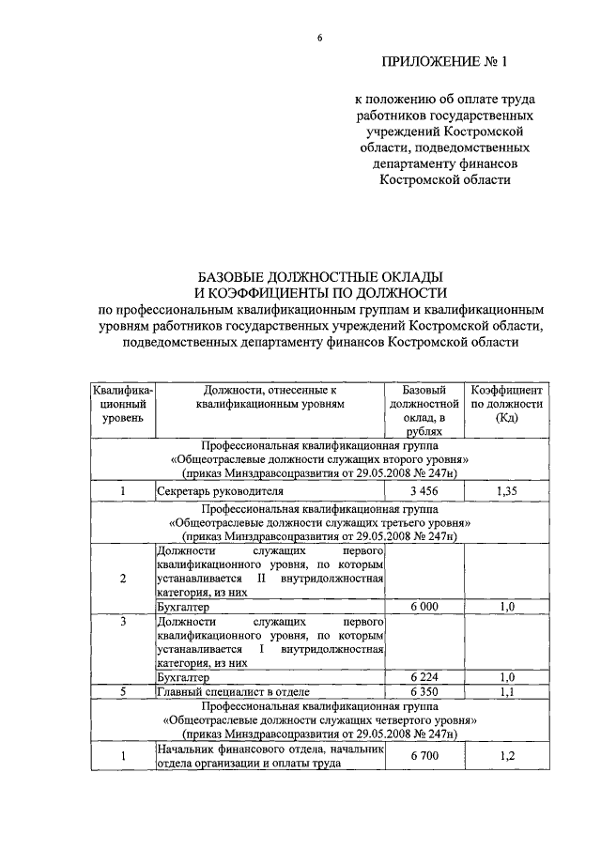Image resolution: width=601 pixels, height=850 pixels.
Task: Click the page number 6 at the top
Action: pos(319,38)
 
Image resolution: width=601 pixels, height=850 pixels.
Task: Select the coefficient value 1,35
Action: pos(507,490)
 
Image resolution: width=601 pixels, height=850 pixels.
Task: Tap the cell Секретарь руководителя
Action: pos(208,490)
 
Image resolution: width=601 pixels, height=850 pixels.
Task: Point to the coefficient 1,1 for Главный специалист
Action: pos(507,691)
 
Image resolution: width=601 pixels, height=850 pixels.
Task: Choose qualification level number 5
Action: pos(123,691)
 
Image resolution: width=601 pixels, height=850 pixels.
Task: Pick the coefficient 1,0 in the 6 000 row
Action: pos(507,607)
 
